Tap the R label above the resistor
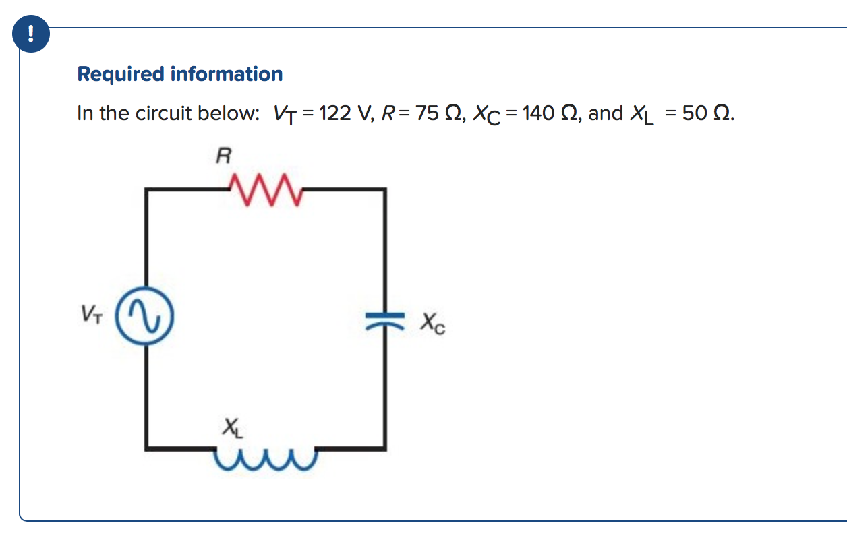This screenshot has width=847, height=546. [223, 157]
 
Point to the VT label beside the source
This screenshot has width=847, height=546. [92, 314]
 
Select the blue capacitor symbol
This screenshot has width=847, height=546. [384, 317]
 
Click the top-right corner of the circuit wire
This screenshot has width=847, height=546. [384, 191]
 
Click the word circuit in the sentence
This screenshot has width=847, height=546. [163, 113]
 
